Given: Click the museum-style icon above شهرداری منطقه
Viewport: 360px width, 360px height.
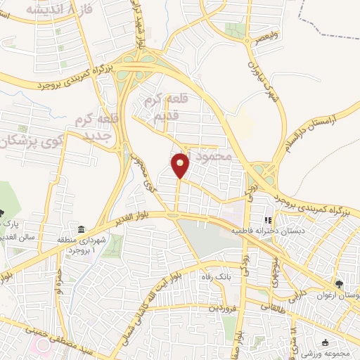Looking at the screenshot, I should pos(82,231).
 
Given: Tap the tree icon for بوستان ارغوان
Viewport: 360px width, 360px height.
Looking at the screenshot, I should pos(340,283).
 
